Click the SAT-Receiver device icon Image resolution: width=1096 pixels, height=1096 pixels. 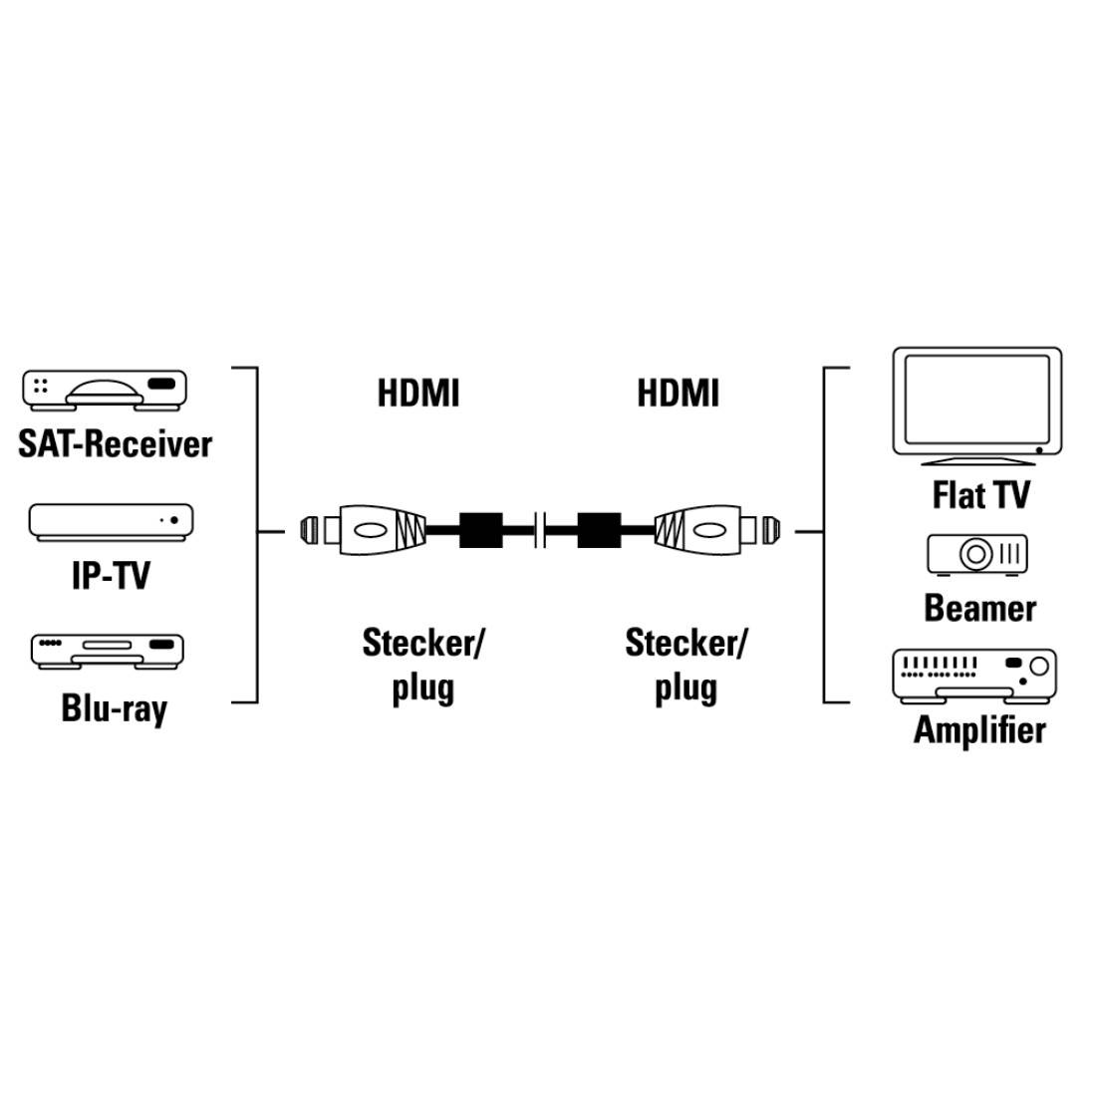(105, 390)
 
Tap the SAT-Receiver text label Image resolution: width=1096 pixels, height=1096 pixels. (115, 443)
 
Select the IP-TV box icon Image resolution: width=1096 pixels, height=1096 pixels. (111, 522)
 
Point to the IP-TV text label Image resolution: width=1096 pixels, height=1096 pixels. (111, 575)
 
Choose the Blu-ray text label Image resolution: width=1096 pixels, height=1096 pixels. (114, 708)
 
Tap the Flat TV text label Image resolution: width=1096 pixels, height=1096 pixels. (980, 494)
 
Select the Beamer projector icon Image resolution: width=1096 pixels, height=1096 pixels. (976, 554)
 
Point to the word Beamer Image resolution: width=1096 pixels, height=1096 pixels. (979, 608)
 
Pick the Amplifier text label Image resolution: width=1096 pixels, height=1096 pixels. (979, 729)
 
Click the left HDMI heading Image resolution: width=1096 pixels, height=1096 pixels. (418, 393)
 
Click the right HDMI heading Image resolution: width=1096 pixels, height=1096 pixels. (678, 393)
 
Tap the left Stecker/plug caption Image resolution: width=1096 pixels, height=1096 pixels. (422, 664)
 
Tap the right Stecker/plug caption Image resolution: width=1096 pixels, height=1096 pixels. (685, 664)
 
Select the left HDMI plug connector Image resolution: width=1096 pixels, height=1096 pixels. (364, 530)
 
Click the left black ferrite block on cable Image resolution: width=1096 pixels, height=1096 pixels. (481, 530)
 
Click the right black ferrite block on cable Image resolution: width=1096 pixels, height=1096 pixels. (599, 530)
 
